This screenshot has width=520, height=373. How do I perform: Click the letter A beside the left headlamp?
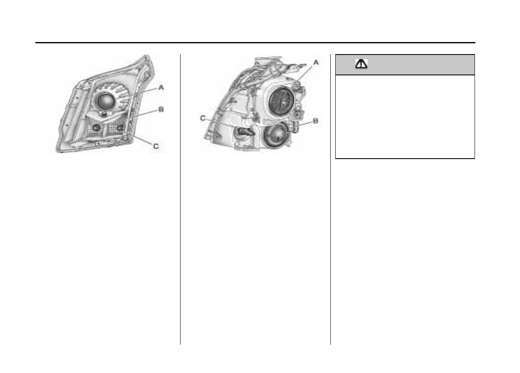click(161, 87)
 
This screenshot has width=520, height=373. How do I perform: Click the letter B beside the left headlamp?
click(161, 109)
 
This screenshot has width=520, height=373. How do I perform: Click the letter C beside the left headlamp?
click(156, 146)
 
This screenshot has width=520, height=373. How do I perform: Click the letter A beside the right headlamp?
click(316, 62)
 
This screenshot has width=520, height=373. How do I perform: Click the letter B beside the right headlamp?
click(316, 121)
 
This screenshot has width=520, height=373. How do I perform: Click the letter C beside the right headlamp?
click(203, 118)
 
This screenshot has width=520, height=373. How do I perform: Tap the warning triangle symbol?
click(361, 64)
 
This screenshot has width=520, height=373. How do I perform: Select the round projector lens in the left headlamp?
click(106, 101)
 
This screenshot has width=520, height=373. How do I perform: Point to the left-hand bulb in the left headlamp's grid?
click(96, 127)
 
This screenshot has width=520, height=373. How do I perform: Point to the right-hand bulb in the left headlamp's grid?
click(120, 127)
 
